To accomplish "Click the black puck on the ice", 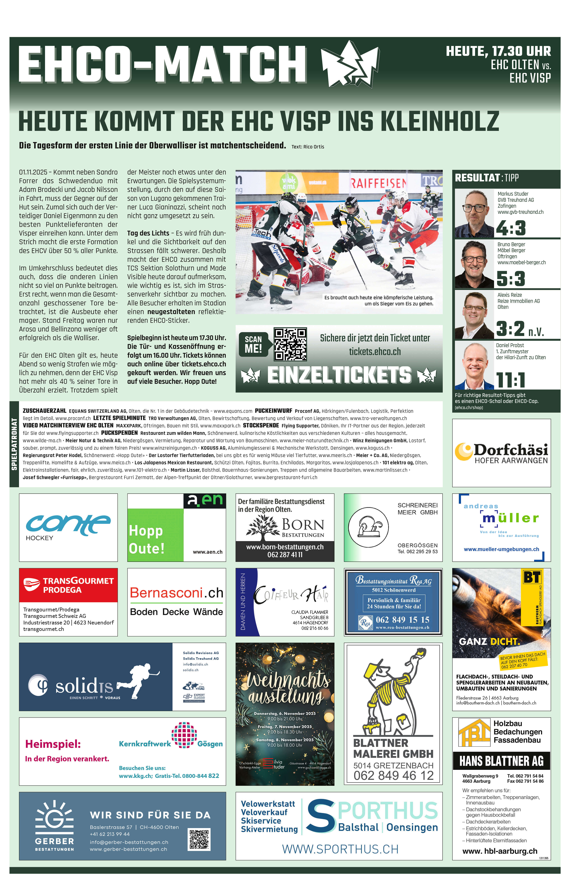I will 327,284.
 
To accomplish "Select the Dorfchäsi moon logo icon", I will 463,451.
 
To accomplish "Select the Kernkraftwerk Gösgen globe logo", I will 184,734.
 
